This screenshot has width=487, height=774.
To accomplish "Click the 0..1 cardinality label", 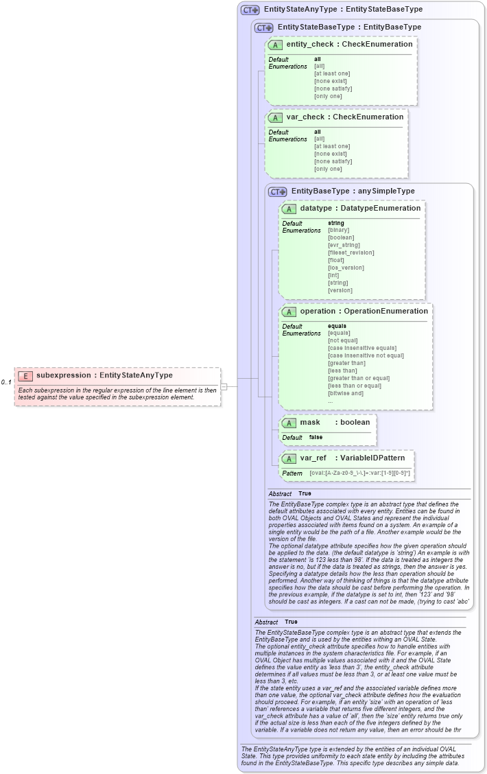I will pos(6,382).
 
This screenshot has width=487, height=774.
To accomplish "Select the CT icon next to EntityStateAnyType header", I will pos(250,10).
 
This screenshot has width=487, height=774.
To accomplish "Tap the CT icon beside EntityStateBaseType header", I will pos(264,27).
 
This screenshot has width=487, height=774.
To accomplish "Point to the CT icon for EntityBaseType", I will pos(278,191).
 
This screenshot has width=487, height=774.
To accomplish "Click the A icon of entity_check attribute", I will pos(276,45).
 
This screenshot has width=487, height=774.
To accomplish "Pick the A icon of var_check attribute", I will pos(276,117).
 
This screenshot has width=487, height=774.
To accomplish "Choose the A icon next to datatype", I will pos(289,209).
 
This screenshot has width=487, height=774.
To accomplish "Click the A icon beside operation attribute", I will pos(289,312).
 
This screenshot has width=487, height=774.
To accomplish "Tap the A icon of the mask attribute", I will pos(289,423).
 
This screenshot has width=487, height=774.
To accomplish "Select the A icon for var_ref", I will pos(289,458).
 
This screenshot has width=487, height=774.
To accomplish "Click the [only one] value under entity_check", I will pos(328,96).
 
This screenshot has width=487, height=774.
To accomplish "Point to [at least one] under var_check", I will pos(332,146).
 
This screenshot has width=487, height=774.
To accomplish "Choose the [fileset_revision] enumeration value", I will pos(351,253).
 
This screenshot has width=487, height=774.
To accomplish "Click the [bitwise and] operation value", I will pos(346,393).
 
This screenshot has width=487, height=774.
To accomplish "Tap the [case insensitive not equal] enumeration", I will pos(366,355).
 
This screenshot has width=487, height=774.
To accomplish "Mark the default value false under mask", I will pos(316,437).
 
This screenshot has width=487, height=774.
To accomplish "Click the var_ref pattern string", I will pos(359,473).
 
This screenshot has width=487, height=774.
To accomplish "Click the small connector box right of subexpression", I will pos(224,386).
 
